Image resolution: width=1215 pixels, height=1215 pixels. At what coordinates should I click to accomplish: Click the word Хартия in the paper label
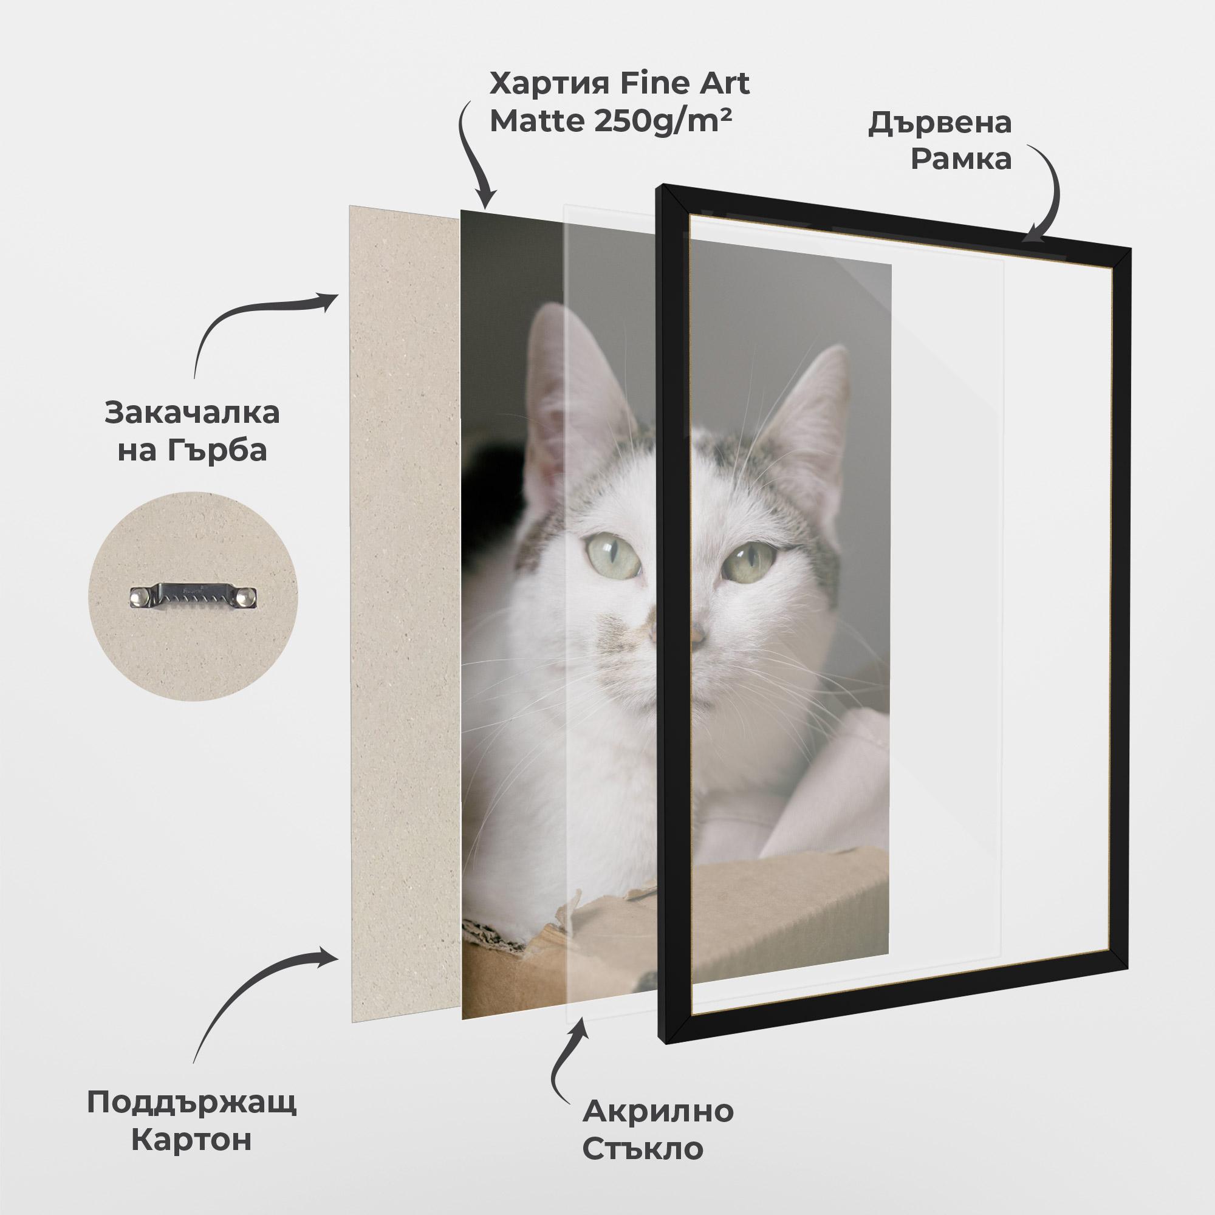542,85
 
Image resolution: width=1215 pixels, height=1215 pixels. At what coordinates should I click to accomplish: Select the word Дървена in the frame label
940,123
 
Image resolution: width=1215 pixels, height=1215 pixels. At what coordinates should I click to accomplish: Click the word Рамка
961,160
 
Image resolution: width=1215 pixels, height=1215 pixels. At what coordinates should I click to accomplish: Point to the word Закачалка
193,414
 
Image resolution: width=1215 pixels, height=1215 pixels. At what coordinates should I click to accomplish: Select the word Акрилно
658,1111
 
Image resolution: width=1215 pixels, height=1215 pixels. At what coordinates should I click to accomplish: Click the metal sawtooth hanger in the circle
194,596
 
